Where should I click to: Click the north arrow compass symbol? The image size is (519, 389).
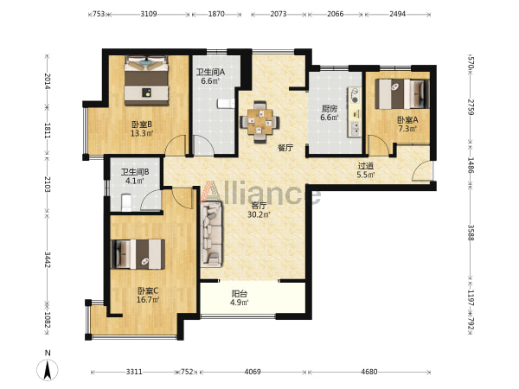48,369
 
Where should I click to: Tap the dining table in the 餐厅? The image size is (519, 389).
259,122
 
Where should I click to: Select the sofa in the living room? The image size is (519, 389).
211,234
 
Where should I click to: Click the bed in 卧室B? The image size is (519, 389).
146,80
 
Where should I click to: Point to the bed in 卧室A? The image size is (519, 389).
402,94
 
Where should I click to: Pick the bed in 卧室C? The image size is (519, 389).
138,254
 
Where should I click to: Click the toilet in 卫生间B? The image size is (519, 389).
126,202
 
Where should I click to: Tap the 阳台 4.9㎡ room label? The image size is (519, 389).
240,297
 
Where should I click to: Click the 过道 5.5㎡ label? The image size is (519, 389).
366,170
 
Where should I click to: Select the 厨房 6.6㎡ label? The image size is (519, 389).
330,112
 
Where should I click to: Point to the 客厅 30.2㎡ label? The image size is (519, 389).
259,210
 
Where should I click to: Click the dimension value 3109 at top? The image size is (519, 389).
149,14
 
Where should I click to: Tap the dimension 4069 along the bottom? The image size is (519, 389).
253,372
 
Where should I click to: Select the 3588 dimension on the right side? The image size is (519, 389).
471,233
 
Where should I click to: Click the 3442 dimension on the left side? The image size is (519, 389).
48,260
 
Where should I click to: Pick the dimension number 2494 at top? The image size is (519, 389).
398,14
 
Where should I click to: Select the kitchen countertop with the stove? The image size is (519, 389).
355,112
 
